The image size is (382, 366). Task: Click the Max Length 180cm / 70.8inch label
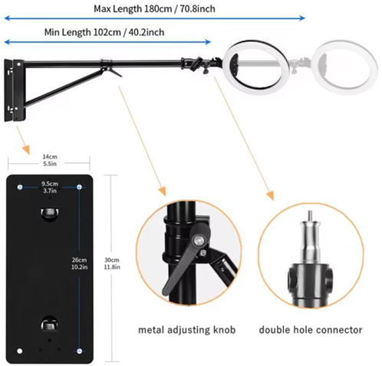154,9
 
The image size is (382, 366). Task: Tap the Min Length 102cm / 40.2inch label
104,32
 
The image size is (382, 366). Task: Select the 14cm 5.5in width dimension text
50,160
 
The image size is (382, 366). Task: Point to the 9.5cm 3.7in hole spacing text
50,187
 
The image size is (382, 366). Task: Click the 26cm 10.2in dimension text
79,263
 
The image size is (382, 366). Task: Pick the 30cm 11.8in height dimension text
112,263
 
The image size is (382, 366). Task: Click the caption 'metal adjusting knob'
186,330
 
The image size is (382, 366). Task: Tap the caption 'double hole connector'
311,330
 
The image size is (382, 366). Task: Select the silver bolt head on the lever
199,240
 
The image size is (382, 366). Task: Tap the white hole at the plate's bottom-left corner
20,351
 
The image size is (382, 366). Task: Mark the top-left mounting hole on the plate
20,187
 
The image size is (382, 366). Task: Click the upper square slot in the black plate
50,212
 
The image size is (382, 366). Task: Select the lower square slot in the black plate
50,324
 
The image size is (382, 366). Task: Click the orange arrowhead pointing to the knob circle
162,191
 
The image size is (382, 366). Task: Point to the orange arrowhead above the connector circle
270,195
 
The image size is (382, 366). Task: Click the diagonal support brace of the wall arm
63,88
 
